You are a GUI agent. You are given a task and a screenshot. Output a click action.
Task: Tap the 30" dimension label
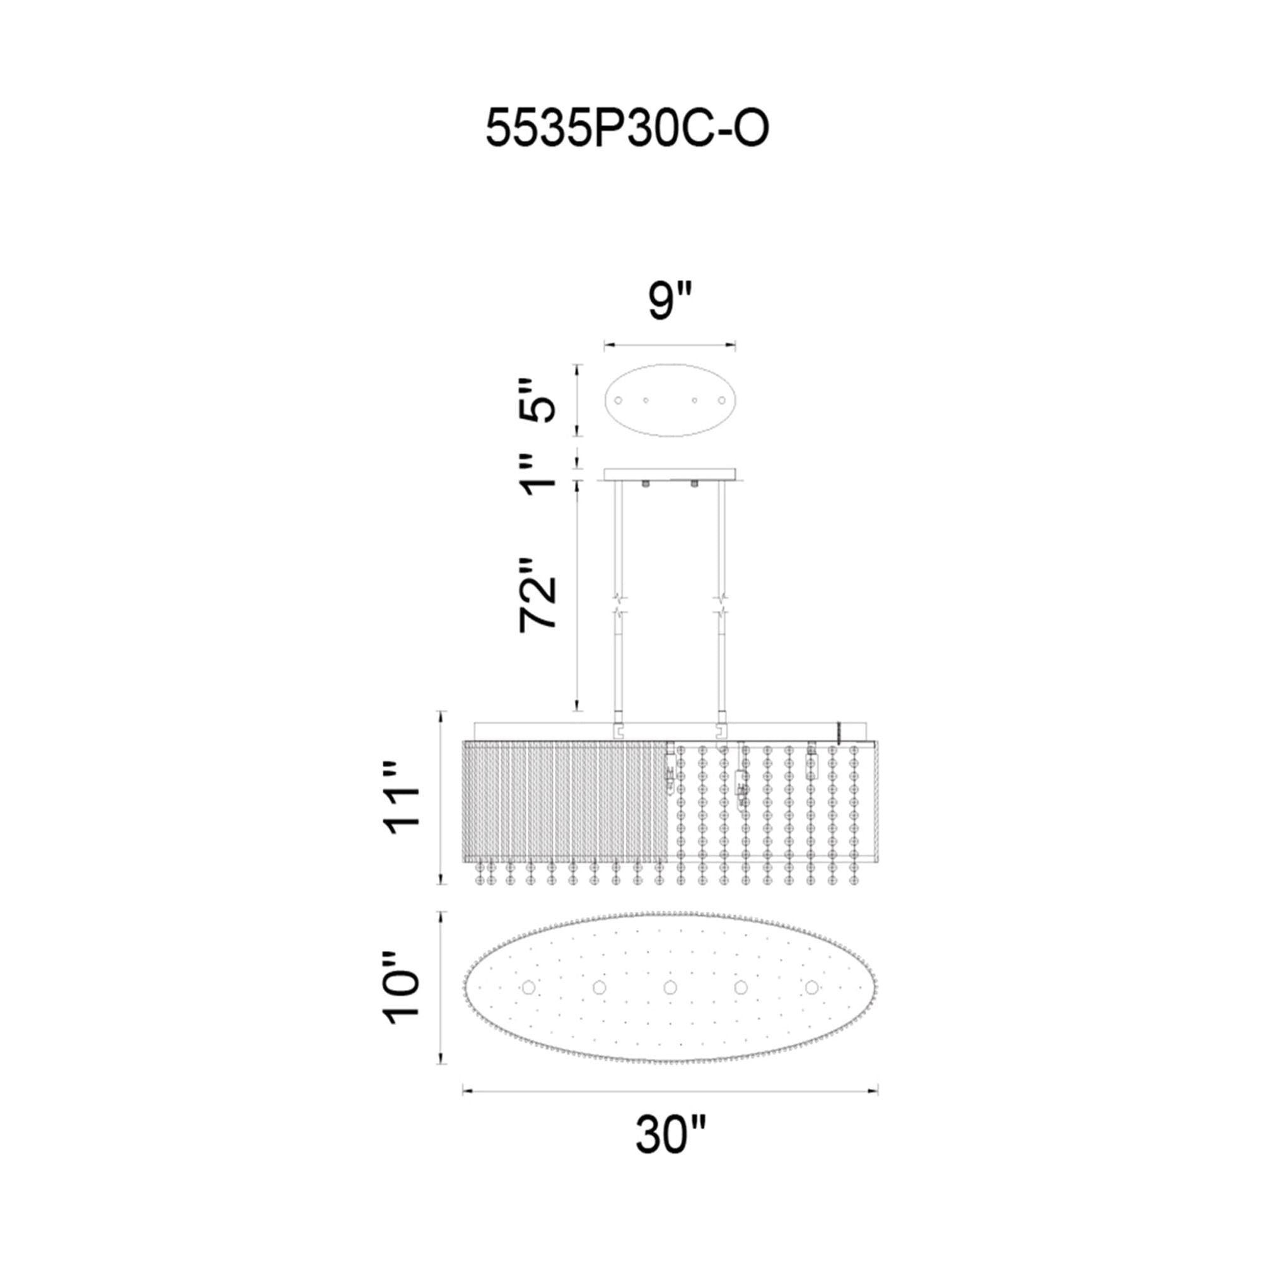point(670,1152)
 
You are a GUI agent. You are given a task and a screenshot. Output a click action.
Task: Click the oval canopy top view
point(670,400)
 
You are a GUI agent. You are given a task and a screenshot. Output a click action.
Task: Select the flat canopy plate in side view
point(670,475)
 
